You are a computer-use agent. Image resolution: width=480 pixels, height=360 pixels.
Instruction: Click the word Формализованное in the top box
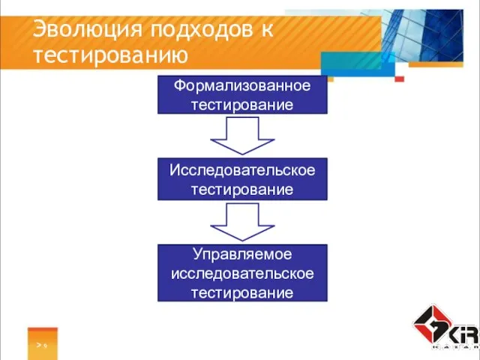tap(242, 85)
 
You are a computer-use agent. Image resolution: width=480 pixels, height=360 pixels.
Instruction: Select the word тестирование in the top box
tap(242, 104)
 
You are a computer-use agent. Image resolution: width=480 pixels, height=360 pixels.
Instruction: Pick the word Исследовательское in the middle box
tap(242, 171)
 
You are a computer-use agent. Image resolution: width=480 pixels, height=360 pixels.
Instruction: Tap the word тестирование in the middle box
tap(242, 190)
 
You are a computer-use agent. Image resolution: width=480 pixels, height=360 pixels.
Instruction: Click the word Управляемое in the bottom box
tap(242, 255)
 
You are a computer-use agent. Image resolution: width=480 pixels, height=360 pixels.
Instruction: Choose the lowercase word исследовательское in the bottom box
tap(242, 273)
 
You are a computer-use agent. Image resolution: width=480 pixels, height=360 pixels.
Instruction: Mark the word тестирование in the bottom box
tap(242, 292)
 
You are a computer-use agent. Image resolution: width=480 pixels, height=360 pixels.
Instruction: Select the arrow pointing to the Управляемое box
tap(241, 222)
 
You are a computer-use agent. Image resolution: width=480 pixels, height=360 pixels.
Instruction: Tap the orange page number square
tap(43, 342)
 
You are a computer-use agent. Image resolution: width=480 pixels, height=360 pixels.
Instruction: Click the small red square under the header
tap(399, 79)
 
